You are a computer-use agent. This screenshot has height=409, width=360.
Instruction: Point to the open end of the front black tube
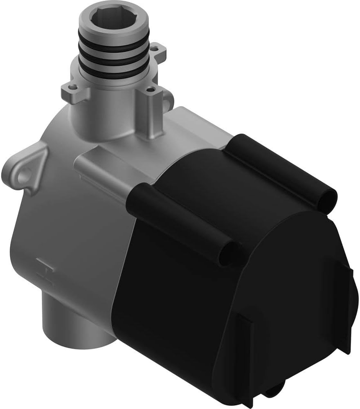(227, 253)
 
